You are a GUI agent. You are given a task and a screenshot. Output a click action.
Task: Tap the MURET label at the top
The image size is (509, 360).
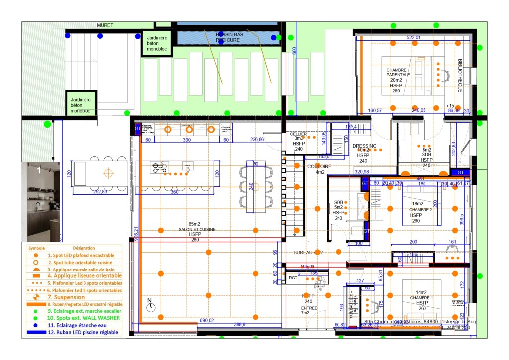point(105,25)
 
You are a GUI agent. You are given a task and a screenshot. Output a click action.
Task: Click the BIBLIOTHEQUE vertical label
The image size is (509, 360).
point(460,77)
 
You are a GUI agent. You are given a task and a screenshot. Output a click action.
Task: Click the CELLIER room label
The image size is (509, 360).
point(298,134)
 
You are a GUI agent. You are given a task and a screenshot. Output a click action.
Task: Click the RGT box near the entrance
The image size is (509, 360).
point(293,278)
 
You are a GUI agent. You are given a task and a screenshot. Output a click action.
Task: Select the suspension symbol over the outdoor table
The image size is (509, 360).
point(108,173)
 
